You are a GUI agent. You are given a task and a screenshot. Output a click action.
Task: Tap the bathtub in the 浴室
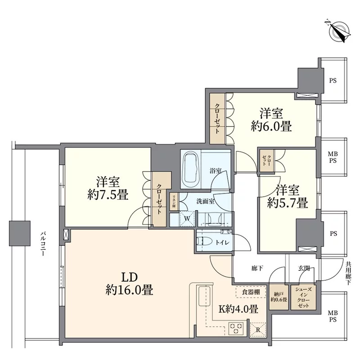pyautogui.click(x=191, y=169)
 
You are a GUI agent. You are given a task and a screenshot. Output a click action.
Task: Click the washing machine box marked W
pyautogui.click(x=187, y=218)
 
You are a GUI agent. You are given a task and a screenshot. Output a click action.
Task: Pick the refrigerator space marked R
pyautogui.click(x=258, y=330)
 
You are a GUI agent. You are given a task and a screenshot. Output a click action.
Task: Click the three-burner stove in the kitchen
pyautogui.click(x=237, y=328)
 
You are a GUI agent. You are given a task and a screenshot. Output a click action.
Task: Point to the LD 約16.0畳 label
pyautogui.click(x=130, y=284)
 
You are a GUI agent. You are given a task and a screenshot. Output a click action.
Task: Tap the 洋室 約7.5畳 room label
pyautogui.click(x=108, y=188)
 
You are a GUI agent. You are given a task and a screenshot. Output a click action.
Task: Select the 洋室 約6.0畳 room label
pyautogui.click(x=271, y=120)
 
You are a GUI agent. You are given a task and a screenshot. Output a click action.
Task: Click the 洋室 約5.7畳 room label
pyautogui.click(x=288, y=196)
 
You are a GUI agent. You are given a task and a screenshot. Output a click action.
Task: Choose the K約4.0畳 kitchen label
pyautogui.click(x=238, y=309)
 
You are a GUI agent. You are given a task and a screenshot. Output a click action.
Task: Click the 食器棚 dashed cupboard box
pyautogui.click(x=251, y=292)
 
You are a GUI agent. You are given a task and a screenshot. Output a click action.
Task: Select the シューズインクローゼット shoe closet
pyautogui.click(x=303, y=297)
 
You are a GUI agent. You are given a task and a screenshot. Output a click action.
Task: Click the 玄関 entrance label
pyautogui.click(x=304, y=268)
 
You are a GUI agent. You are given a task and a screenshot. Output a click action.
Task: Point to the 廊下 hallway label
pyautogui.click(x=257, y=268)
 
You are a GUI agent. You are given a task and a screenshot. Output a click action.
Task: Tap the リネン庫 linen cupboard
pyautogui.click(x=174, y=202)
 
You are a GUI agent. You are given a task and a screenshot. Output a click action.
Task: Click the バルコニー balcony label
pyautogui.click(x=43, y=244)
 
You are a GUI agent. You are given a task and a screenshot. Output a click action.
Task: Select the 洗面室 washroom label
pyautogui.click(x=206, y=201)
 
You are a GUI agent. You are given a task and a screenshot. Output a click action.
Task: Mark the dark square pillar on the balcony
pyautogui.click(x=20, y=233)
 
